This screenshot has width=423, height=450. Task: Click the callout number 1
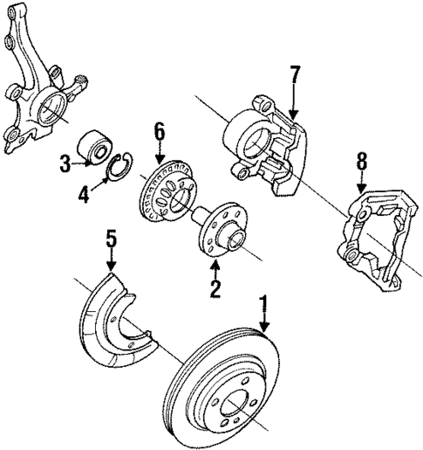263,306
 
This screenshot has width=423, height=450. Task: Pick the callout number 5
111,239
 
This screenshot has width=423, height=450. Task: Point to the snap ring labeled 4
121,167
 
